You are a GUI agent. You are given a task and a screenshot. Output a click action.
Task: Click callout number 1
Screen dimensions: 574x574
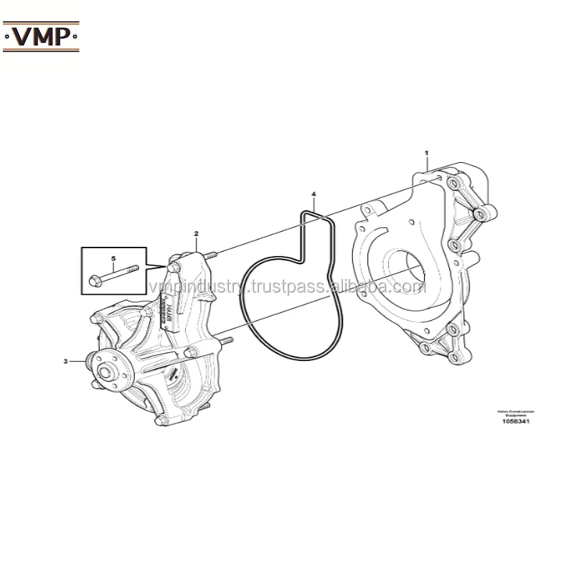coord(426,153)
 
